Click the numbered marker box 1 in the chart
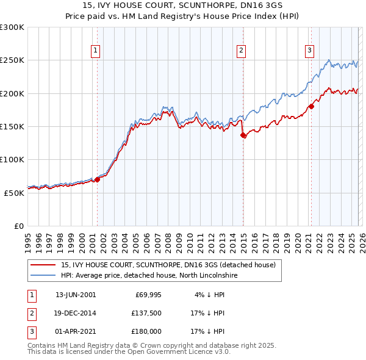coord(96,51)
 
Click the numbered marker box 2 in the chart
coord(242,51)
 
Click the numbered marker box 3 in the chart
coord(309,51)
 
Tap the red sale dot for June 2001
coord(97,179)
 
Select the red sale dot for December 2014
coord(243,135)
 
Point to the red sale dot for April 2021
coord(311,107)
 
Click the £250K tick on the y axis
coord(12,60)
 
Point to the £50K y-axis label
coord(14,193)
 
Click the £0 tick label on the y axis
coord(20,226)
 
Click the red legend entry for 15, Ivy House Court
coord(168,265)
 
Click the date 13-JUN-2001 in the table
coord(76,295)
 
